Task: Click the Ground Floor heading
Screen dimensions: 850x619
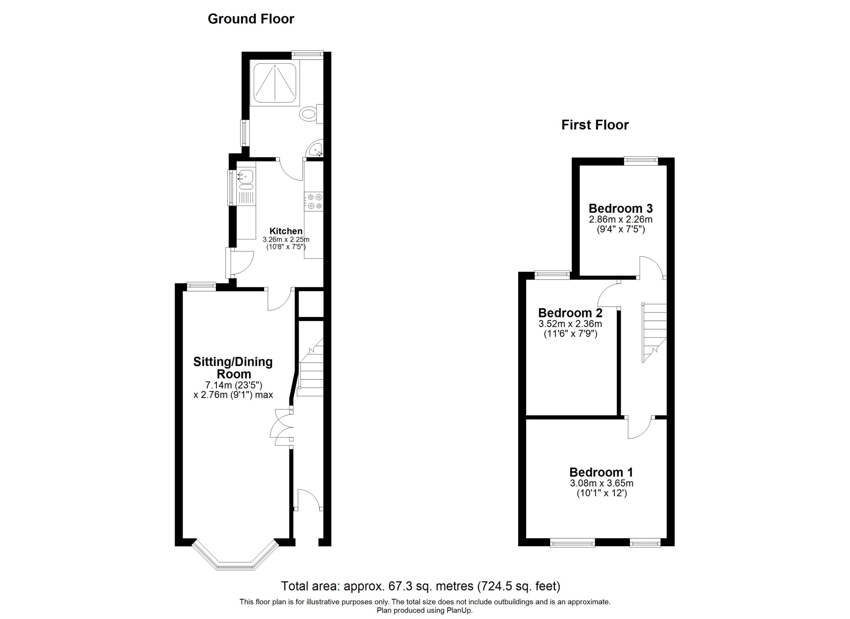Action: point(251,19)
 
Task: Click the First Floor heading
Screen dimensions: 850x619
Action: point(595,125)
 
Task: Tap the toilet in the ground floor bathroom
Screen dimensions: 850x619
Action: point(312,114)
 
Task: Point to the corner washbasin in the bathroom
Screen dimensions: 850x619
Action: point(316,150)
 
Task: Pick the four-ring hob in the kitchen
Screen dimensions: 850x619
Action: point(314,201)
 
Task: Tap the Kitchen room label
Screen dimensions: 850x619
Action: point(286,231)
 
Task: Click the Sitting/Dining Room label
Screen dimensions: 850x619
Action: point(233,368)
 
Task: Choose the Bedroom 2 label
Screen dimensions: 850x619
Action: point(570,312)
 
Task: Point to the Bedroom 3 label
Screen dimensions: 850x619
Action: point(621,208)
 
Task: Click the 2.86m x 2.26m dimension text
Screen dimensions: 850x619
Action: point(621,219)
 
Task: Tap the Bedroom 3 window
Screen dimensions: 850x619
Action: point(641,161)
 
